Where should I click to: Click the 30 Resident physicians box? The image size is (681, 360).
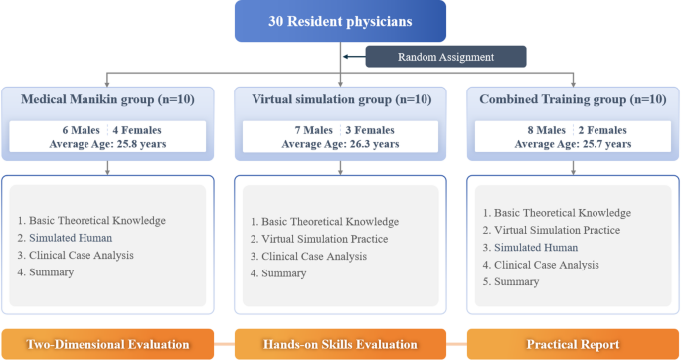coord(340,21)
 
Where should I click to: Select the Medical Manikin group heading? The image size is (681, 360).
coord(106,100)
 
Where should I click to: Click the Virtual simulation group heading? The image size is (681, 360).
coord(340,100)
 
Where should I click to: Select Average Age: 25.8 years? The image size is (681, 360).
coord(106,144)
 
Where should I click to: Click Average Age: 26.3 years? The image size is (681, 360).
coord(340,144)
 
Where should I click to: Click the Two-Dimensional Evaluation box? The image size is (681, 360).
coord(106,344)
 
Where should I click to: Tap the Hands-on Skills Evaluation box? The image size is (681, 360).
coord(340,344)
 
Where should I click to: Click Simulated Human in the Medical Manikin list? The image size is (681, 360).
coord(75,237)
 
